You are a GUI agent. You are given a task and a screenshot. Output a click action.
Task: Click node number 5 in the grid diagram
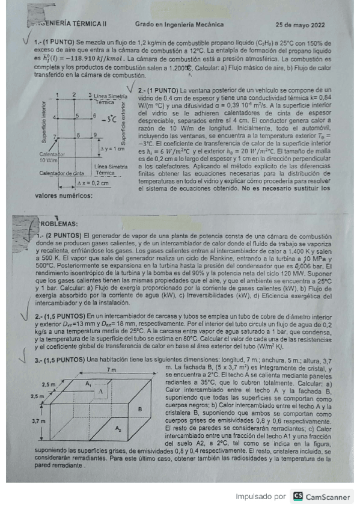77,114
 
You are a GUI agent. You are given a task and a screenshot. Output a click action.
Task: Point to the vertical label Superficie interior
43,124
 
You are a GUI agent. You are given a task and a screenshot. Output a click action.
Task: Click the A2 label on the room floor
118,428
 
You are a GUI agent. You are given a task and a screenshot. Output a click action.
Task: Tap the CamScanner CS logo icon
297,496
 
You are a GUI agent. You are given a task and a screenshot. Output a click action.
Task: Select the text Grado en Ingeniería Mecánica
179,25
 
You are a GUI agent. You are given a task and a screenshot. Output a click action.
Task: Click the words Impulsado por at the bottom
260,497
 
